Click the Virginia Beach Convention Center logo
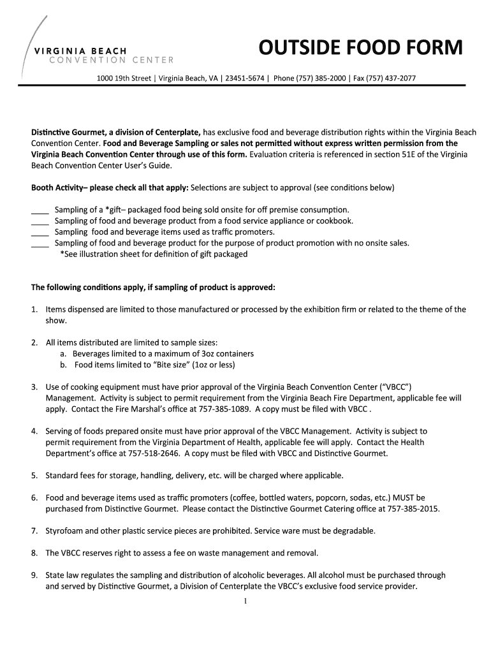pyautogui.click(x=96, y=55)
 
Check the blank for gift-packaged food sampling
pyautogui.click(x=40, y=210)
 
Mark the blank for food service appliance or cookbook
pyautogui.click(x=40, y=221)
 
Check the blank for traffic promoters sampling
pyautogui.click(x=40, y=232)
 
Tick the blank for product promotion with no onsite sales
pyautogui.click(x=40, y=243)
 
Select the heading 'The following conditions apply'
pyautogui.click(x=153, y=287)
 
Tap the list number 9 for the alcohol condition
pyautogui.click(x=34, y=575)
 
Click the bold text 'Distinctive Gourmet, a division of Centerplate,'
pyautogui.click(x=116, y=132)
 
